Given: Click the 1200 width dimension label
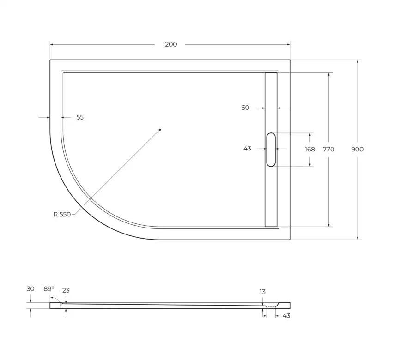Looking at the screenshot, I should click(170, 44).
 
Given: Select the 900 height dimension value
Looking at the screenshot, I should click(357, 149).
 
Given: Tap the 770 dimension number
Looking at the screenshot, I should click(328, 149).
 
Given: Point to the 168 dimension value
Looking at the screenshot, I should click(309, 149).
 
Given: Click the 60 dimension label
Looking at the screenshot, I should click(245, 108).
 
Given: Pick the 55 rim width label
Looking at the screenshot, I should click(80, 117).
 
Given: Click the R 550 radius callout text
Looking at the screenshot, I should click(62, 214).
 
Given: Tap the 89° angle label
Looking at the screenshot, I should click(49, 289).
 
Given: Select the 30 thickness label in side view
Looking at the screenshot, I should click(30, 289).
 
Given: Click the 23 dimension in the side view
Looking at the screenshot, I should click(66, 291).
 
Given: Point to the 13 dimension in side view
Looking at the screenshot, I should click(262, 292).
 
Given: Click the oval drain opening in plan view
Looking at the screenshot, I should click(271, 149).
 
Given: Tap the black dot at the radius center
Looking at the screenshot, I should click(160, 130).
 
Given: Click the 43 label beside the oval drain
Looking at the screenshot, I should click(247, 149).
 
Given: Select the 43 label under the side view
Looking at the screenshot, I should click(286, 315).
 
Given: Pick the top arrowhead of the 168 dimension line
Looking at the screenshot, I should click(310, 135).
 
